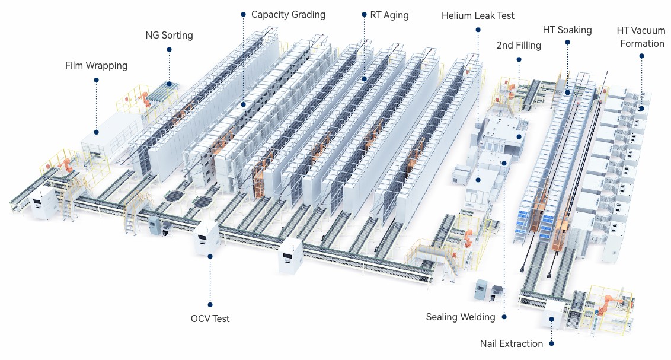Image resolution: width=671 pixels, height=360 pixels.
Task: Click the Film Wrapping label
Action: tap(96, 65)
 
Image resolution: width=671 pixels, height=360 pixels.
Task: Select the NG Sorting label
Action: tap(169, 35)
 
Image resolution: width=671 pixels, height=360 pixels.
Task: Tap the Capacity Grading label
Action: tap(288, 14)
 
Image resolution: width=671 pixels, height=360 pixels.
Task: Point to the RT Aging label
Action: tap(389, 15)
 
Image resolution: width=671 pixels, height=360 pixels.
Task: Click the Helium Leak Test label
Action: tap(478, 15)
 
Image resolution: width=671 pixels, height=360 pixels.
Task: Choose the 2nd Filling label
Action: tap(519, 45)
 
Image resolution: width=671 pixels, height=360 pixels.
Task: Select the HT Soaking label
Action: tap(567, 30)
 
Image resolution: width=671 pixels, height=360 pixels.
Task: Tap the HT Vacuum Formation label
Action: tap(641, 36)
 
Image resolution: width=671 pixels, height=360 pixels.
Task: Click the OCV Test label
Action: tap(210, 318)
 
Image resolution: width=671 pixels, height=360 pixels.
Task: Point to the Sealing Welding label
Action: tap(461, 317)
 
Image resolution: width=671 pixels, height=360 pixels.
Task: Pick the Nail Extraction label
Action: tap(512, 343)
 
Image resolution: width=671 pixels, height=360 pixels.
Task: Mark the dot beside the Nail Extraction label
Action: tap(551, 343)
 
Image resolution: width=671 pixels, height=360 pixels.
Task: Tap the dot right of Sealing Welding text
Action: tap(504, 317)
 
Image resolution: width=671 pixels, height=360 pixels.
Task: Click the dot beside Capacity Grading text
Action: tap(243, 14)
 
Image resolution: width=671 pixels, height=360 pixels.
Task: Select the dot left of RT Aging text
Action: tap(363, 15)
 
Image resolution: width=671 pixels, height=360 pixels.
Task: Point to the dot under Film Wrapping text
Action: tap(96, 79)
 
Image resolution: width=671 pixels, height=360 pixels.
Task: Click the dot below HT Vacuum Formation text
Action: tap(641, 56)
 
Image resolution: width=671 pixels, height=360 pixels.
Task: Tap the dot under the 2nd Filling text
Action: tap(519, 59)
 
